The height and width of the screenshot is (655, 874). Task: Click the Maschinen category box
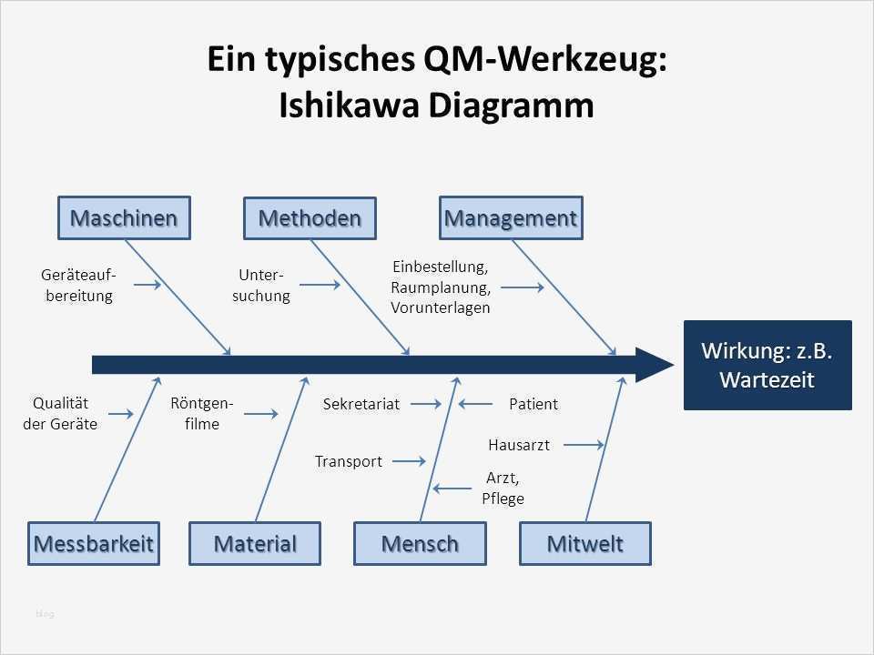pos(124,218)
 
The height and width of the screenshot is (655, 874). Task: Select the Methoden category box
pos(310,218)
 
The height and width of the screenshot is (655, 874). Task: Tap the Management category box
pos(511,218)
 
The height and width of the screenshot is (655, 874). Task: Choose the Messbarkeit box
pos(94,544)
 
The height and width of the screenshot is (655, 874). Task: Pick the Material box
pos(255,544)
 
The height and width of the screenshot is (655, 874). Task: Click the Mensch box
pos(420,544)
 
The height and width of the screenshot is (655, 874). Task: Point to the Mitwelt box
pos(585,544)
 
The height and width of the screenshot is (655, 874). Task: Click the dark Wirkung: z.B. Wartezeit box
pos(767,365)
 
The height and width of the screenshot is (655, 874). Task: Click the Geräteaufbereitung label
pos(78,285)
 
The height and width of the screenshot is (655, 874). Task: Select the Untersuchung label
pos(261,285)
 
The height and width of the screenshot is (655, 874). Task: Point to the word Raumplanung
pos(441,287)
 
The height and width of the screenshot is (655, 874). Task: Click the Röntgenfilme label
pos(202,414)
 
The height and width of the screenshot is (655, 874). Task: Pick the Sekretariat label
pos(361,404)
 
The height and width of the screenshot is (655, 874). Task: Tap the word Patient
pos(534,404)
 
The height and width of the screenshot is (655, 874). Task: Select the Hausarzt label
pos(519,445)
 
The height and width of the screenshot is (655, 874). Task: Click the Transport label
pos(349,461)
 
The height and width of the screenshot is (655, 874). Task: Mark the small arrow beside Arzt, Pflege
pos(452,489)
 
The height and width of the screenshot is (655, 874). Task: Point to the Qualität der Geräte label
pos(60,414)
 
